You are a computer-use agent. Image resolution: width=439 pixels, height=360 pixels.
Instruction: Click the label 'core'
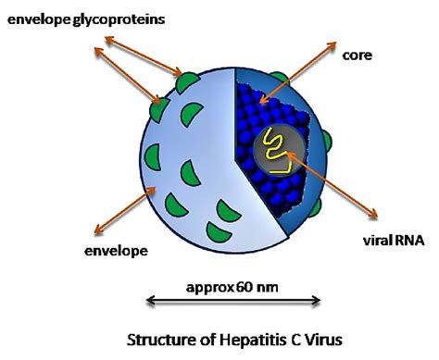pyautogui.click(x=357, y=56)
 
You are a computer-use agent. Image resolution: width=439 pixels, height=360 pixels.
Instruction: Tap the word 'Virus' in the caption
pyautogui.click(x=320, y=339)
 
